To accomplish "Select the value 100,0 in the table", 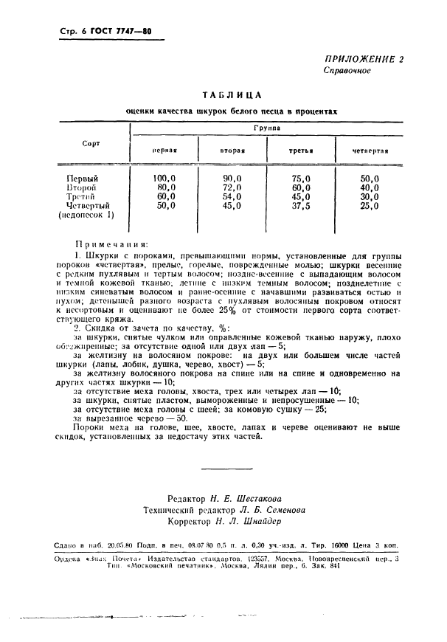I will [164, 178].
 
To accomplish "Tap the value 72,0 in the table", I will [232, 187].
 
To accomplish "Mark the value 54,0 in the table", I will [232, 197].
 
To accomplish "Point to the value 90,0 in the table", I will [232, 178].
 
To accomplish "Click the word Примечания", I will [111, 243].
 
